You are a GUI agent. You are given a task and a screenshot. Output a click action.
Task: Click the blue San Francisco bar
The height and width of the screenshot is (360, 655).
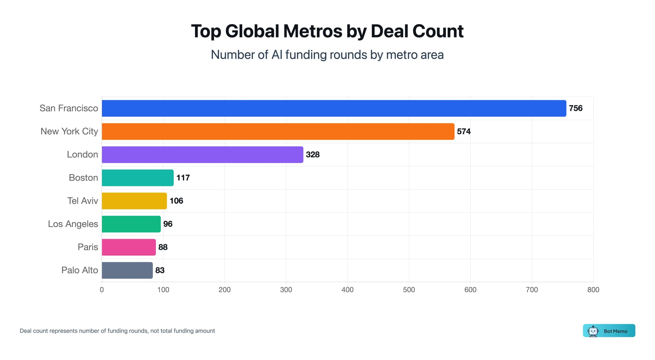pyautogui.click(x=334, y=108)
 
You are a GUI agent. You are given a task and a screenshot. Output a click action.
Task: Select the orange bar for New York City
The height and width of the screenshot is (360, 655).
pyautogui.click(x=278, y=132)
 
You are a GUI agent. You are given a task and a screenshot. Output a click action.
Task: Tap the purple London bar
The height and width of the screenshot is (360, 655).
pyautogui.click(x=202, y=155)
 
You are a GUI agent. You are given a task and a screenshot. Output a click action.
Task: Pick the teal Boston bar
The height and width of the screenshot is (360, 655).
pyautogui.click(x=137, y=178)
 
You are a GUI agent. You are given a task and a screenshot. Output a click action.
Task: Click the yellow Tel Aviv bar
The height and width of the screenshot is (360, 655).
pyautogui.click(x=134, y=201)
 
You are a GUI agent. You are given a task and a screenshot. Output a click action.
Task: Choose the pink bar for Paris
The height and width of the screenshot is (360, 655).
pyautogui.click(x=129, y=247)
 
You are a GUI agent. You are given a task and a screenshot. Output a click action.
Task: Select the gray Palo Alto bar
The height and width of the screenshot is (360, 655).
pyautogui.click(x=127, y=270)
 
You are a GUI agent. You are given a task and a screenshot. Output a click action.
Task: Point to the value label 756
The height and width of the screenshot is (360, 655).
pyautogui.click(x=576, y=108)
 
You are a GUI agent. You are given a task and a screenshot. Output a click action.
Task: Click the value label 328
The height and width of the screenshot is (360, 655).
pyautogui.click(x=312, y=155)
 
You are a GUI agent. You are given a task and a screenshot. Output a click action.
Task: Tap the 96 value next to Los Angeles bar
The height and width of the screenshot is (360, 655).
pyautogui.click(x=168, y=224)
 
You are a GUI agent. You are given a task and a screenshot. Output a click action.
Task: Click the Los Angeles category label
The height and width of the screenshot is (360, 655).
pyautogui.click(x=73, y=224)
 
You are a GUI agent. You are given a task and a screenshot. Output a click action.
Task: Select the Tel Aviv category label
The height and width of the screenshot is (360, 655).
pyautogui.click(x=83, y=201)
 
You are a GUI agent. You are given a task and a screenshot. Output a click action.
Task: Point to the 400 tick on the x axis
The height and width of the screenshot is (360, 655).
pyautogui.click(x=347, y=290)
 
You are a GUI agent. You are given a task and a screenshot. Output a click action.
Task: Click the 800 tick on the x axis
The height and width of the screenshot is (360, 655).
pyautogui.click(x=593, y=290)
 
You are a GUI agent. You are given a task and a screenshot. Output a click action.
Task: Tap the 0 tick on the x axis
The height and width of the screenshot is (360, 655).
pyautogui.click(x=102, y=290)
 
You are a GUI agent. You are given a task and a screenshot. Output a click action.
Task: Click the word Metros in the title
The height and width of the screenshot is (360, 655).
pyautogui.click(x=312, y=31)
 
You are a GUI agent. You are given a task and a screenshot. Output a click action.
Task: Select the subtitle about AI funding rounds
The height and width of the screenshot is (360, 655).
pyautogui.click(x=327, y=55)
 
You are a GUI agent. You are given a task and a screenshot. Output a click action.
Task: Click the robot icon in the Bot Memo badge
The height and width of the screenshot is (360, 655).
pyautogui.click(x=593, y=331)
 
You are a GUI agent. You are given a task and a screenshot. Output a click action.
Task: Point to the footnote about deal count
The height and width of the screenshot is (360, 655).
pyautogui.click(x=117, y=331)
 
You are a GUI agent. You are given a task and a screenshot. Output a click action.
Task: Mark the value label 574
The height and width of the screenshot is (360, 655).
pyautogui.click(x=464, y=132)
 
